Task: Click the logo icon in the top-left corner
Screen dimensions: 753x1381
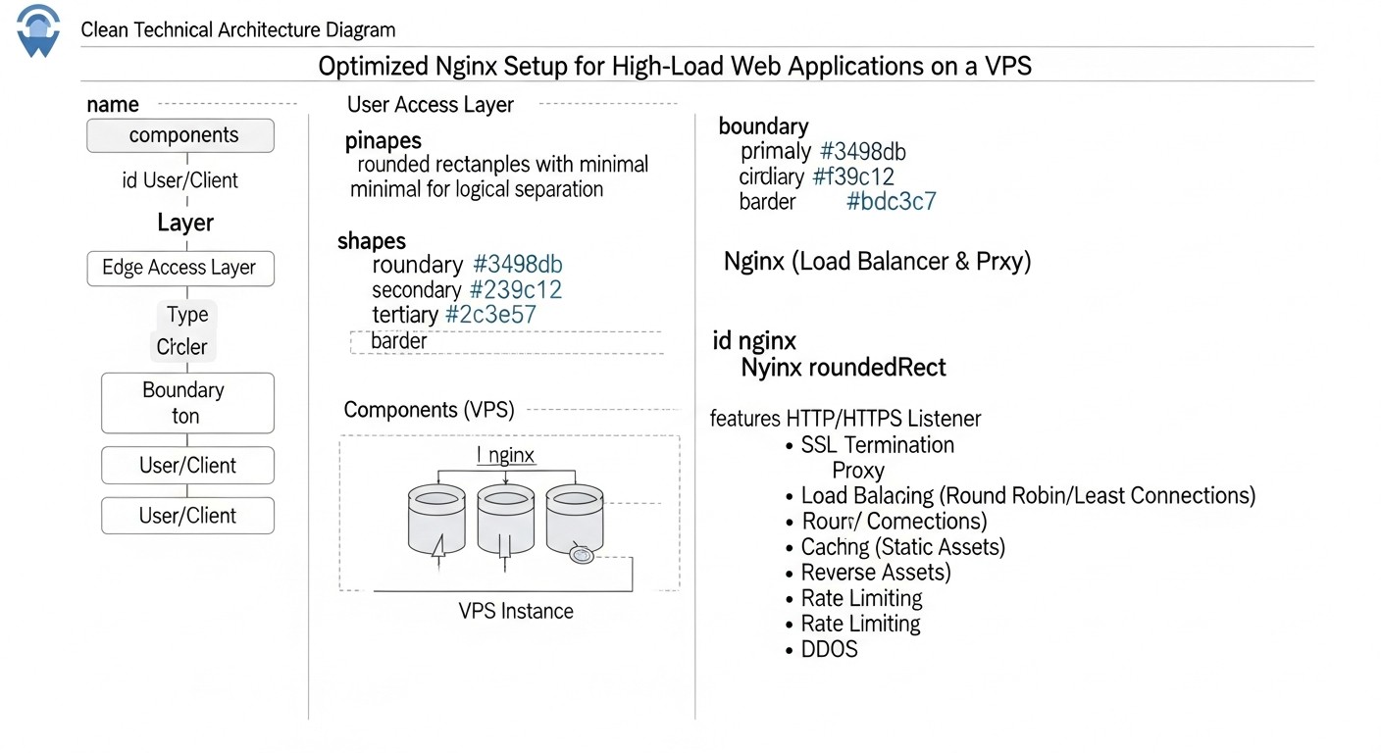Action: pos(38,30)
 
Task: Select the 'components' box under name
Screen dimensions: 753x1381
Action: pos(180,136)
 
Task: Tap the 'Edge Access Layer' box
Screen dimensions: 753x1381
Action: pos(180,268)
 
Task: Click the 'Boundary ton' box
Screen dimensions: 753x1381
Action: pos(187,403)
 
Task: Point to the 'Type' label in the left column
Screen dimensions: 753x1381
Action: pos(186,315)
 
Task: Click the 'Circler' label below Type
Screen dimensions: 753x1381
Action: pos(182,347)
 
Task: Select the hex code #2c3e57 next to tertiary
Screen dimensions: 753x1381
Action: pos(490,315)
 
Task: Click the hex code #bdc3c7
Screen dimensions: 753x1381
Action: pos(891,202)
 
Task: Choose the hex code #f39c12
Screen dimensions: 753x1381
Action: pos(853,177)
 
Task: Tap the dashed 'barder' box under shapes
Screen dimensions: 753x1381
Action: pos(506,341)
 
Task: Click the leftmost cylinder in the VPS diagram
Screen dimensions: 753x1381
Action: pos(435,520)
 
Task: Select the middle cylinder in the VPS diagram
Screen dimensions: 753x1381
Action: pos(505,520)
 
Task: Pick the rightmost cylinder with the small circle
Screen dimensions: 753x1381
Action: pos(576,520)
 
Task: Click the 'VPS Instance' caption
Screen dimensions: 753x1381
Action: pos(516,611)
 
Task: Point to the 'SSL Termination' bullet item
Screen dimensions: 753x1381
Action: pos(877,445)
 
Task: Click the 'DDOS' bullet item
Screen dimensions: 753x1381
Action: pos(829,649)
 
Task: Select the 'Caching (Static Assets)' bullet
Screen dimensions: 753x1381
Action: pos(902,547)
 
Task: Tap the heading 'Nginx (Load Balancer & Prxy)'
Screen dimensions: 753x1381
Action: pos(877,262)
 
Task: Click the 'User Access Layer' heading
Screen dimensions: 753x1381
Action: pos(430,105)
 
